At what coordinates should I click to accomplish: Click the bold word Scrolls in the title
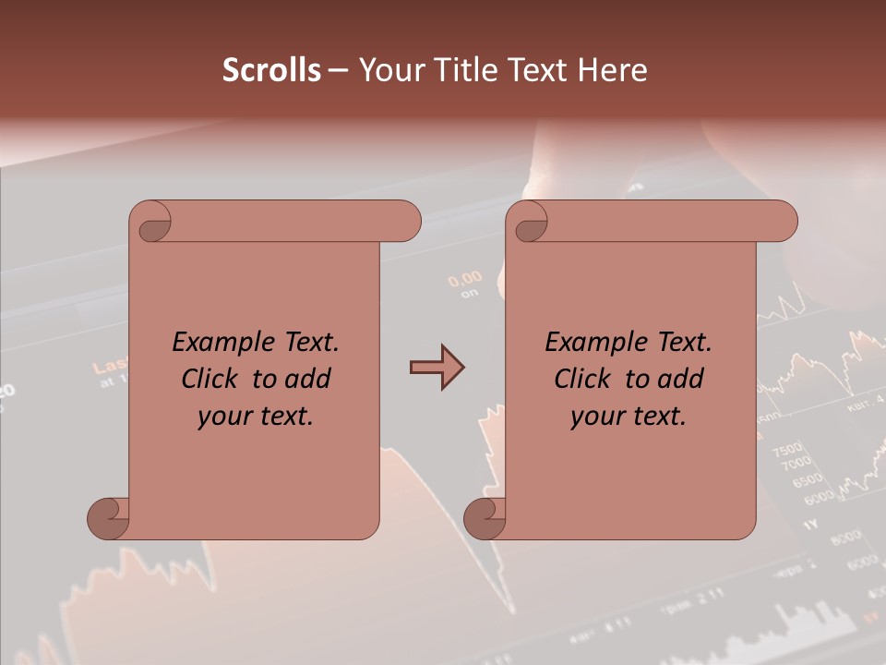click(x=271, y=70)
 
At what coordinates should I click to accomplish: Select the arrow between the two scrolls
click(x=437, y=368)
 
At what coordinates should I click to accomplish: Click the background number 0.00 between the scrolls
click(x=465, y=278)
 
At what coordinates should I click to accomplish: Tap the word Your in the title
click(x=389, y=70)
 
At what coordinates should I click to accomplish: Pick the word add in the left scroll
click(x=309, y=379)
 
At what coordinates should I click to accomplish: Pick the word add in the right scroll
click(x=682, y=379)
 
